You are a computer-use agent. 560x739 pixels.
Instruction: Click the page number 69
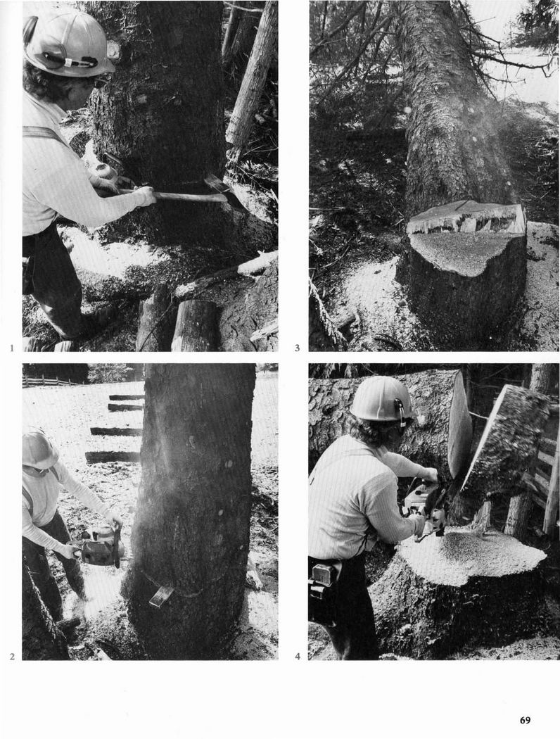tap(525, 720)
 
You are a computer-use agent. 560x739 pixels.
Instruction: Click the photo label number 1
tap(11, 348)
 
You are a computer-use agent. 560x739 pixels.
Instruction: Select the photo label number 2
tap(12, 656)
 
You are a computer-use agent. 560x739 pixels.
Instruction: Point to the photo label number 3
tap(297, 348)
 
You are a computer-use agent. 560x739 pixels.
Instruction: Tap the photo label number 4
tap(297, 656)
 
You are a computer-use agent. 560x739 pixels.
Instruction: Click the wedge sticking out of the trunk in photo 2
tap(161, 595)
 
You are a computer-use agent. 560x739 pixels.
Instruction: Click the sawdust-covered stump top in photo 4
tap(471, 556)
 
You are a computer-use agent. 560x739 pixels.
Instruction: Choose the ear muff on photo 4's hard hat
tap(400, 411)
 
